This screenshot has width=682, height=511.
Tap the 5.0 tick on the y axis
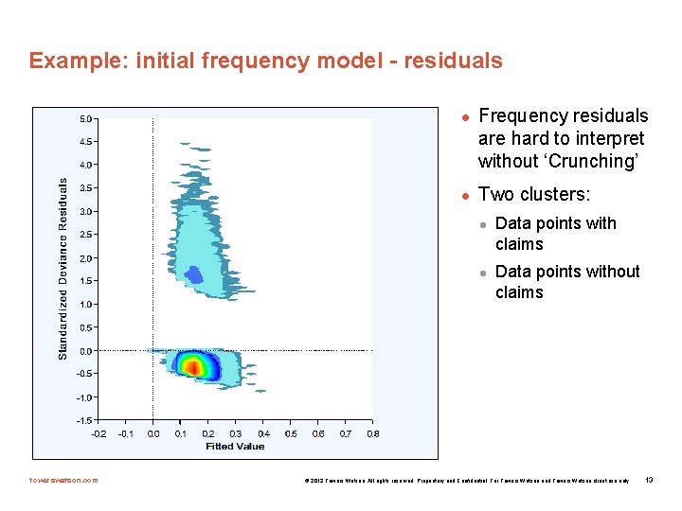pos(85,119)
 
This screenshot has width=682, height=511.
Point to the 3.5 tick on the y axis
pos(85,188)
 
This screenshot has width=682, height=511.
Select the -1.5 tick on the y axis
pos(84,420)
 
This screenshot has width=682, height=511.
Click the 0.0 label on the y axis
pos(85,351)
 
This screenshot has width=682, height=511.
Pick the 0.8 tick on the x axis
pos(373,433)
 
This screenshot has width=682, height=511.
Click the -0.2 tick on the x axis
pos(98,433)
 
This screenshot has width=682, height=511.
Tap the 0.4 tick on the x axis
pos(263,433)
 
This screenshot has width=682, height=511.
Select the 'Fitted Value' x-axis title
pos(235,447)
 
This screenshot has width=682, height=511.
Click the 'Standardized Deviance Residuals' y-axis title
pos(63,269)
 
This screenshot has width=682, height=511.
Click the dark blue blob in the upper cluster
pos(194,275)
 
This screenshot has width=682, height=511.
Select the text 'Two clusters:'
pos(534,194)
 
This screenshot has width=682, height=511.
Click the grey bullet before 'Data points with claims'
pos(482,225)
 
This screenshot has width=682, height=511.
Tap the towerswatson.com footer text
pos(63,480)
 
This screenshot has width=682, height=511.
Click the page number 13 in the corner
pos(649,480)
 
